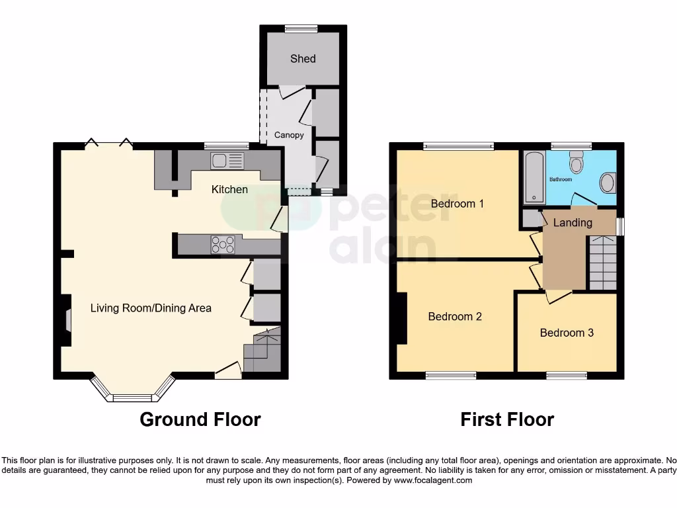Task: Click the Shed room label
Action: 303,59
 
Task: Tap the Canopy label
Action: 289,135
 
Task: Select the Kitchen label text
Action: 229,190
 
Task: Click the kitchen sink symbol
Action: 226,161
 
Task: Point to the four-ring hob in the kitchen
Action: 222,244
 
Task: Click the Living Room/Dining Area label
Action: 151,308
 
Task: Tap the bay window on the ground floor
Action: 132,394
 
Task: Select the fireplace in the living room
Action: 66,320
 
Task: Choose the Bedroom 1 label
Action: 457,204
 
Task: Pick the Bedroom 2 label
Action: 455,317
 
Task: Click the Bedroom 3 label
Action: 567,333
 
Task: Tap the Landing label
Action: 573,223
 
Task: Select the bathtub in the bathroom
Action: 533,177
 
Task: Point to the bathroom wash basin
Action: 607,183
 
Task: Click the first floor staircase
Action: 602,263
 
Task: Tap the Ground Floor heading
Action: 200,419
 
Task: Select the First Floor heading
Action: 507,419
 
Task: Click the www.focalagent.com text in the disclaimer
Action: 434,480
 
